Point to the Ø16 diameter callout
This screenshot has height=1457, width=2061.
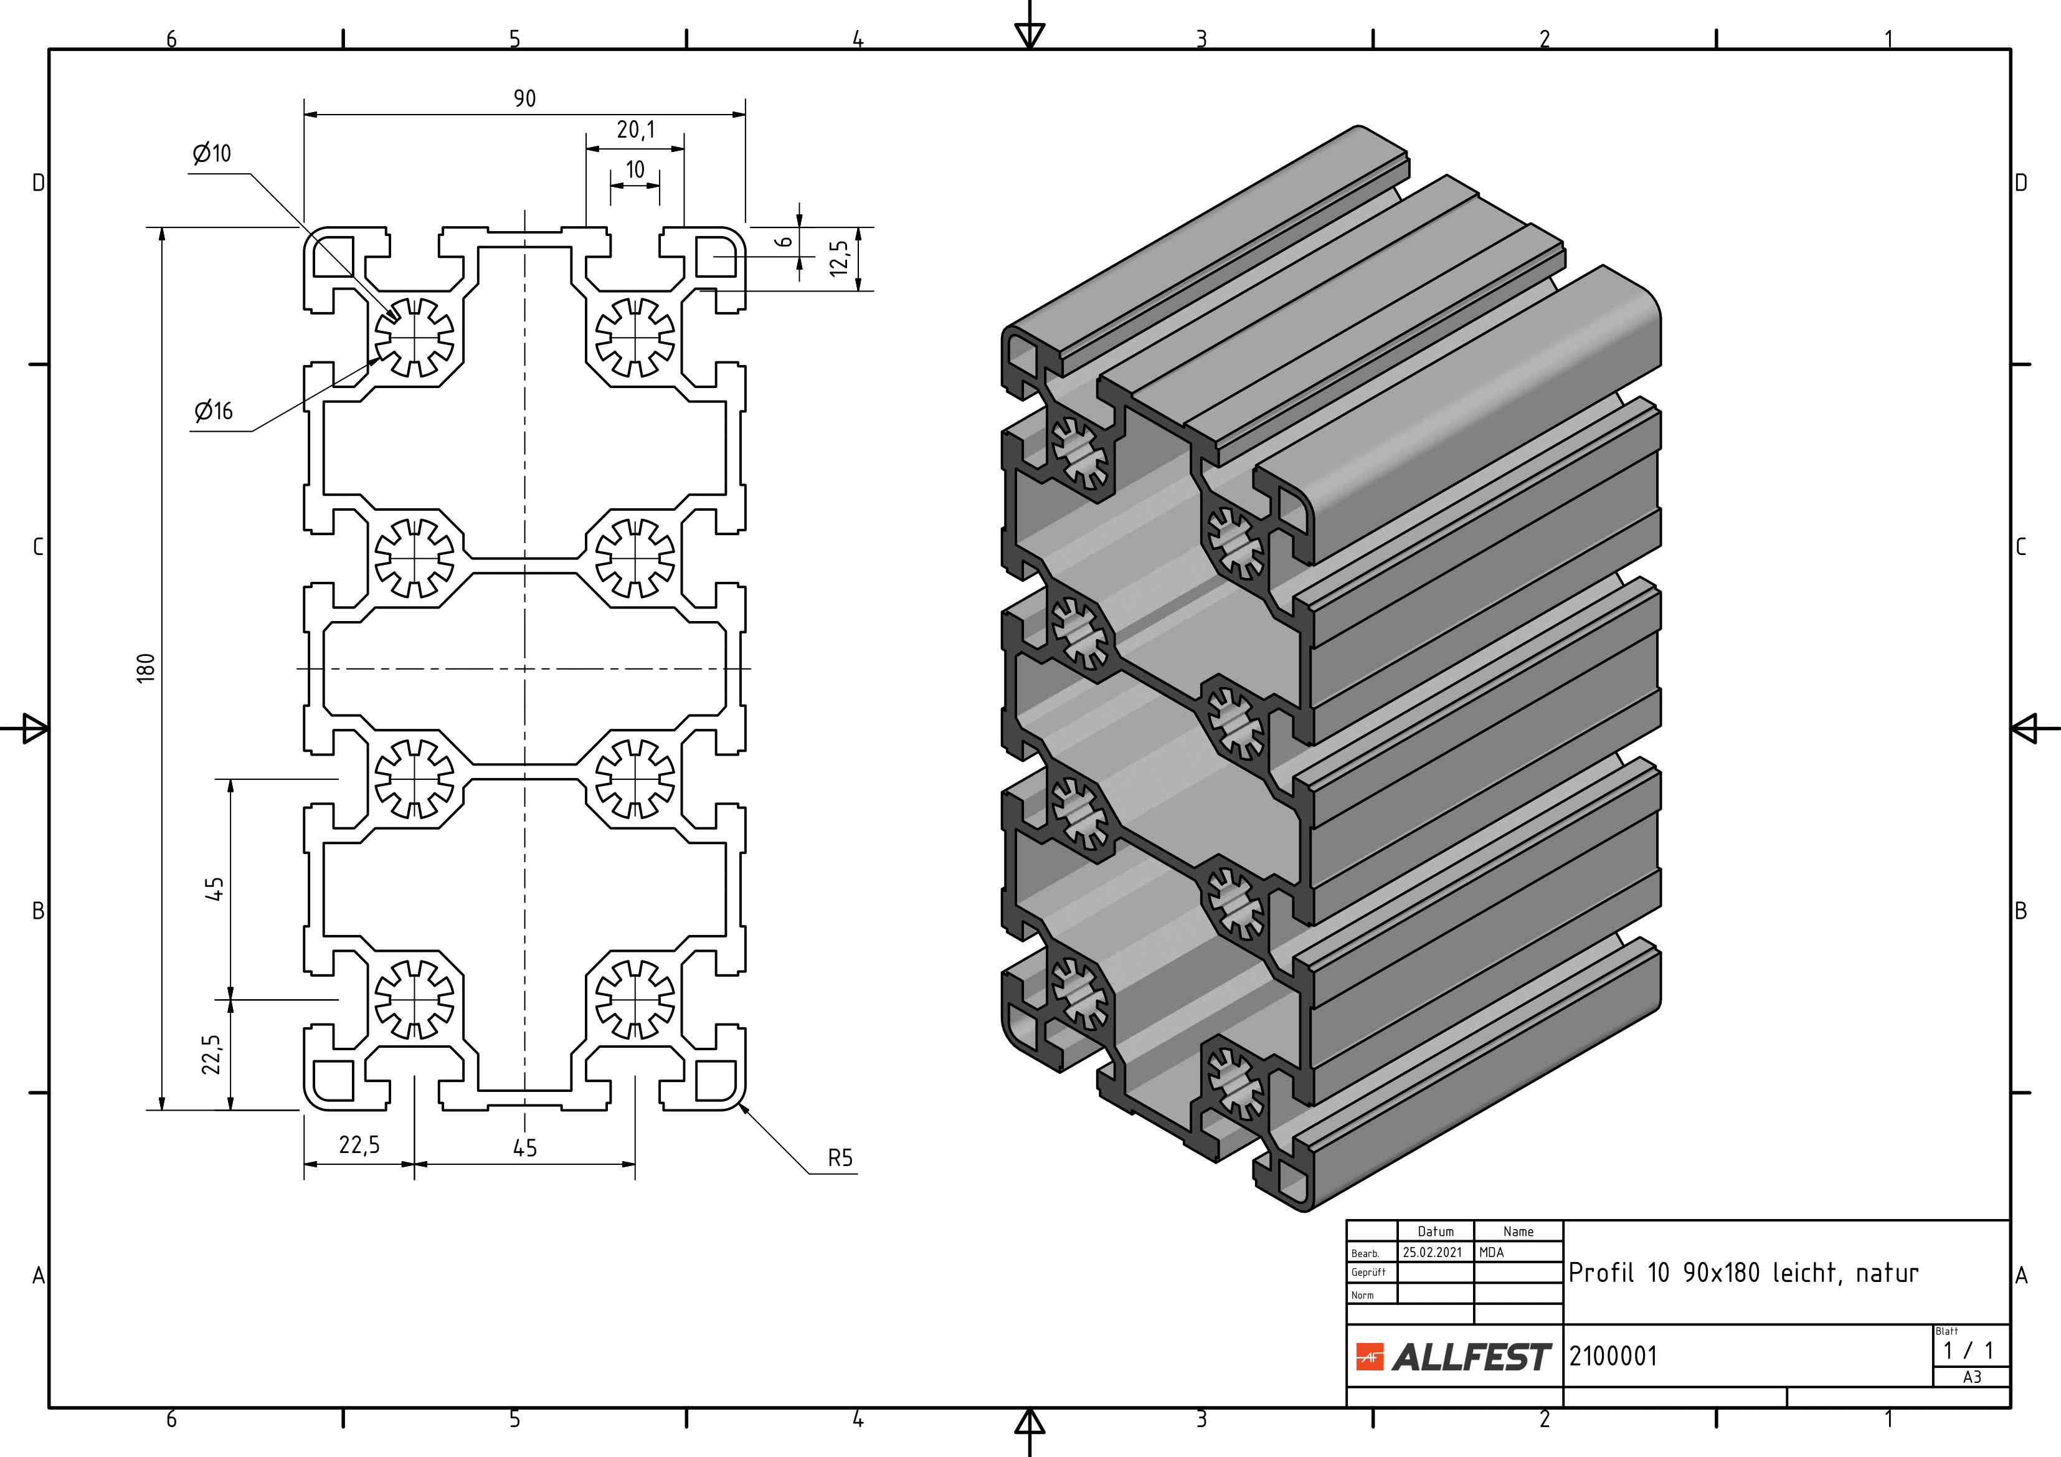214,411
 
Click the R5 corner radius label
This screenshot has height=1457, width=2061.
840,1158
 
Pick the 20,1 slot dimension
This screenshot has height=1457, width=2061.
635,130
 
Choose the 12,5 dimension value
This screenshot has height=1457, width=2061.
838,258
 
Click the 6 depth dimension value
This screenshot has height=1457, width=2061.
784,242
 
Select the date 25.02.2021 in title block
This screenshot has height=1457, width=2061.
1433,1252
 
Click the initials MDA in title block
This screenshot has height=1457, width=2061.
1491,1252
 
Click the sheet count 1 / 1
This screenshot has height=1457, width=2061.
1968,1351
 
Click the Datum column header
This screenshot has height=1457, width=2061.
1435,1232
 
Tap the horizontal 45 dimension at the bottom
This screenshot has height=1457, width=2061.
524,1147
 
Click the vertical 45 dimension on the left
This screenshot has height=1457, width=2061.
214,889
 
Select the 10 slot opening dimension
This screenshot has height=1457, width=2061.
635,169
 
